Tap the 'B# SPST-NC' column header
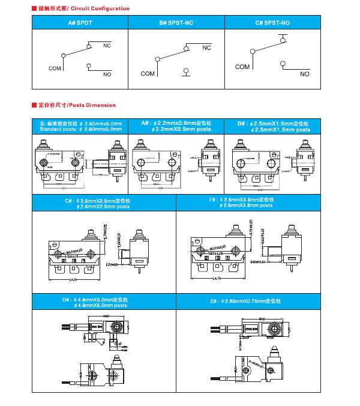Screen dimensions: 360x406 point(177,23)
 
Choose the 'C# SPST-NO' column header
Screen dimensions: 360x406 point(272,23)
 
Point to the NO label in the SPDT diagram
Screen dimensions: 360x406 point(107,74)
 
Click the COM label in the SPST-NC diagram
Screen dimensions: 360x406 point(148,74)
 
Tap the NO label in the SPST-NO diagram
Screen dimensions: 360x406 point(305,74)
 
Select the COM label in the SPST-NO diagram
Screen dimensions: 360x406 point(242,67)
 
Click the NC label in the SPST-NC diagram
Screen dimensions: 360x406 point(206,47)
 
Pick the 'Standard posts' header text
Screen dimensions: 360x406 point(80,129)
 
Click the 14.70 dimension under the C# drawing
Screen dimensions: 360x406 point(74,280)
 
